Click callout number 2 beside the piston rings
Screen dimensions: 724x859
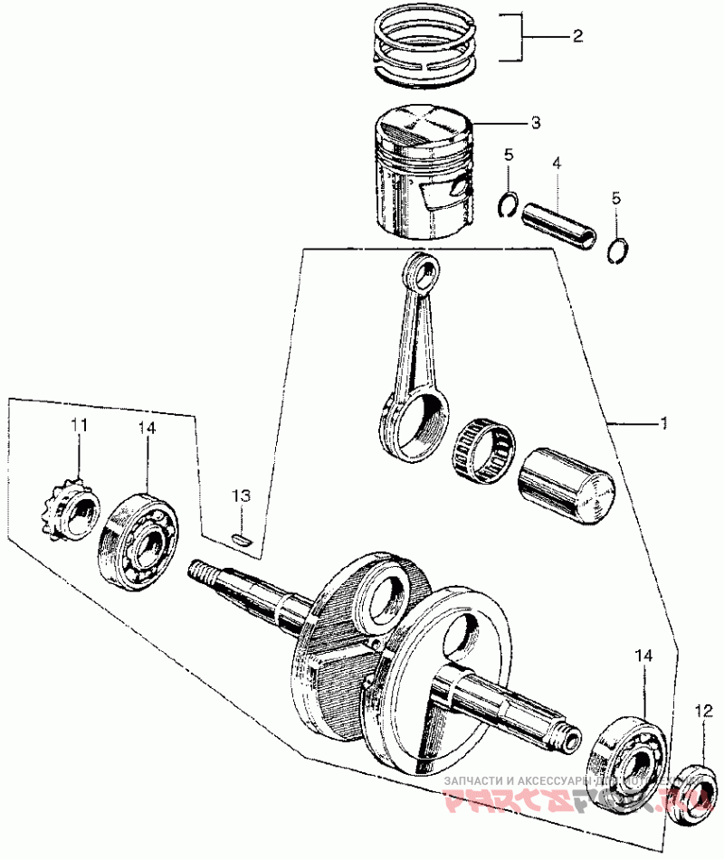(576, 37)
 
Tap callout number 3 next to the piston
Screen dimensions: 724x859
(536, 122)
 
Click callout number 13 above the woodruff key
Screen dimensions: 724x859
(240, 496)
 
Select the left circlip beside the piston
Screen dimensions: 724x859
(510, 205)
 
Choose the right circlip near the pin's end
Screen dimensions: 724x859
(619, 249)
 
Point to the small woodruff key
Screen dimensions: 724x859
(241, 539)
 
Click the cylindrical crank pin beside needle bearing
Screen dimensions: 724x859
(567, 483)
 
